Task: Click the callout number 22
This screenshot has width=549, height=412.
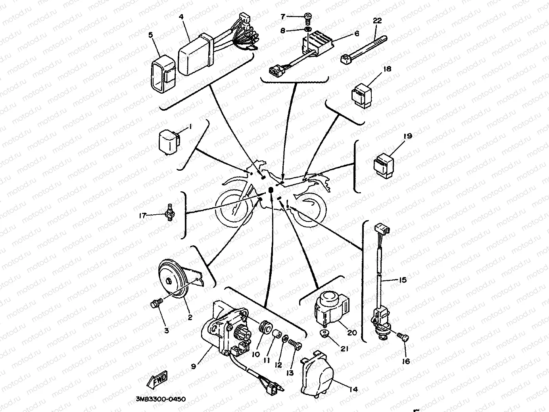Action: click(377, 21)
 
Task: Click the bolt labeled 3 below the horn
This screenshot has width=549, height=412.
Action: click(155, 304)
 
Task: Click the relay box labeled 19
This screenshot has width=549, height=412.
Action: click(383, 165)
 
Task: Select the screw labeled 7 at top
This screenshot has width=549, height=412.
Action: click(308, 17)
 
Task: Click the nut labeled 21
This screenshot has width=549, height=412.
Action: click(324, 333)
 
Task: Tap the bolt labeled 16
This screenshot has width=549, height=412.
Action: click(405, 338)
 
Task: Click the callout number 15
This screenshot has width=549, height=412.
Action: click(402, 280)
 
